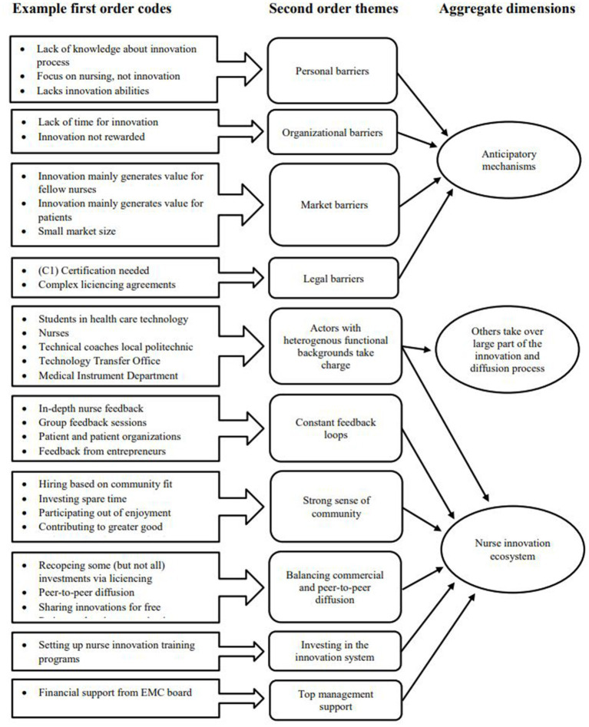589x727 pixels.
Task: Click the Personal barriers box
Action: tap(332, 71)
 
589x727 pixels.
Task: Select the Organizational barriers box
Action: tap(332, 132)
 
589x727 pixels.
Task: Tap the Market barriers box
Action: tap(332, 205)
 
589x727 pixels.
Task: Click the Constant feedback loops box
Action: tap(332, 428)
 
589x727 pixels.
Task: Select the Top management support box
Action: tap(332, 700)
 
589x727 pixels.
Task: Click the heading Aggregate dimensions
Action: tap(507, 10)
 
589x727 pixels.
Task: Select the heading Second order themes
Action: tap(331, 10)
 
